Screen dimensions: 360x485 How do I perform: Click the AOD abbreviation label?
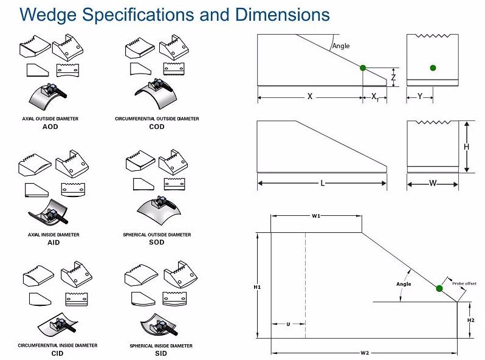coord(53,127)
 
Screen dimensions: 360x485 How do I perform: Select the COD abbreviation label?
coord(156,127)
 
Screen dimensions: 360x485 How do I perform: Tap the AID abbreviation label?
coord(53,242)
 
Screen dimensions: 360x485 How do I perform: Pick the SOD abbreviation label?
coord(156,242)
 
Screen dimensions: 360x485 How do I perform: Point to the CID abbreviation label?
coord(57,353)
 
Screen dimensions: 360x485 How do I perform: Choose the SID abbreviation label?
coord(160,353)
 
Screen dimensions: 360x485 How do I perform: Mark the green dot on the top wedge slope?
coord(363,67)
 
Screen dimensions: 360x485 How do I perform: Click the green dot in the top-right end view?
coord(432,67)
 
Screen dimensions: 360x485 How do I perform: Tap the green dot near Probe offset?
coord(439,288)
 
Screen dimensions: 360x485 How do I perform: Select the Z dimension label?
coord(393,77)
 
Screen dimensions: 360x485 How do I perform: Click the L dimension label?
coord(322,183)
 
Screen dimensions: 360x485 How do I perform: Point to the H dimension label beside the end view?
coord(467,147)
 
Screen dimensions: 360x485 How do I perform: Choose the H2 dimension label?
coord(470,320)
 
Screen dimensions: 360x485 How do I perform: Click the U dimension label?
coord(287,324)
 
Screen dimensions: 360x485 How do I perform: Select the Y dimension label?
coord(420,96)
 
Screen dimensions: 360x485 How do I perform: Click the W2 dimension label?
coord(364,353)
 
